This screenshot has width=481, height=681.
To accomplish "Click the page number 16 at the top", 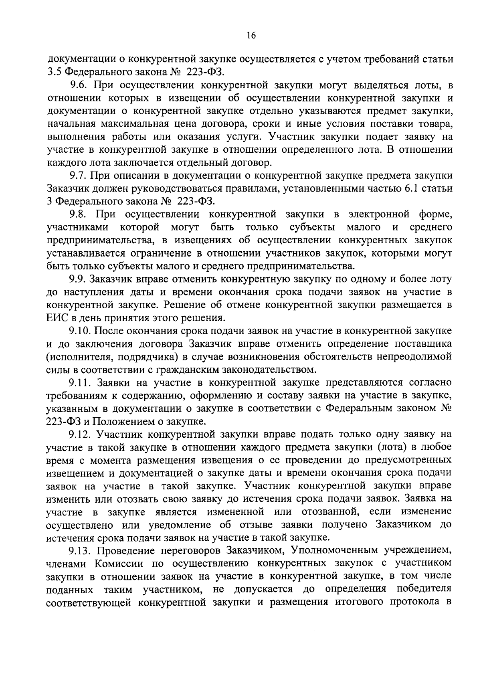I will pyautogui.click(x=251, y=35).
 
